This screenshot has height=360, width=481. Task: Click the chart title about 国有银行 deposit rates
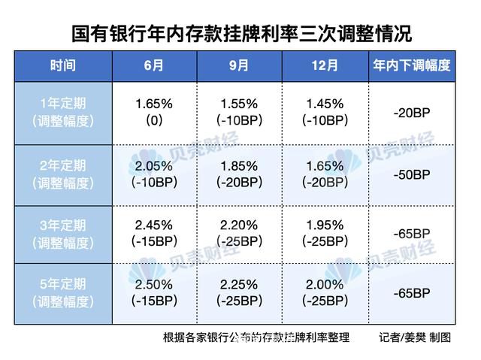tap(241, 34)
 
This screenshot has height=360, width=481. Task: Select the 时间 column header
tap(63, 66)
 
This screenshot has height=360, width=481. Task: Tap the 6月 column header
tap(154, 66)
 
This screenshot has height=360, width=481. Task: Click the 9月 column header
tap(240, 66)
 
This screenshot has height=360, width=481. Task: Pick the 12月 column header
tap(325, 66)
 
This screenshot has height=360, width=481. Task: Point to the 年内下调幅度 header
tap(411, 66)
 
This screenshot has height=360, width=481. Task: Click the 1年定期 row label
tap(63, 112)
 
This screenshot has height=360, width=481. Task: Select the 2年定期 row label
tap(63, 173)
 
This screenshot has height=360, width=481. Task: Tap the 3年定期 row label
tap(63, 233)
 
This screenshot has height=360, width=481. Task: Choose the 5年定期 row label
tap(63, 293)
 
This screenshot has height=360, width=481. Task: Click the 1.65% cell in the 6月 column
tap(154, 104)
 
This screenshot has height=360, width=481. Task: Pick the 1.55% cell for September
tap(240, 104)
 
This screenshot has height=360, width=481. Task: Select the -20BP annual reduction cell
tap(411, 113)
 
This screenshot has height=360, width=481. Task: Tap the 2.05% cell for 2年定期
tap(154, 165)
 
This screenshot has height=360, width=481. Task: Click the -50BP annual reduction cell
tap(411, 174)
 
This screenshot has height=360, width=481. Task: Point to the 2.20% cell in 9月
tap(240, 225)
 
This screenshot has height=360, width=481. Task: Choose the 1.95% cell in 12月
tap(325, 225)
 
